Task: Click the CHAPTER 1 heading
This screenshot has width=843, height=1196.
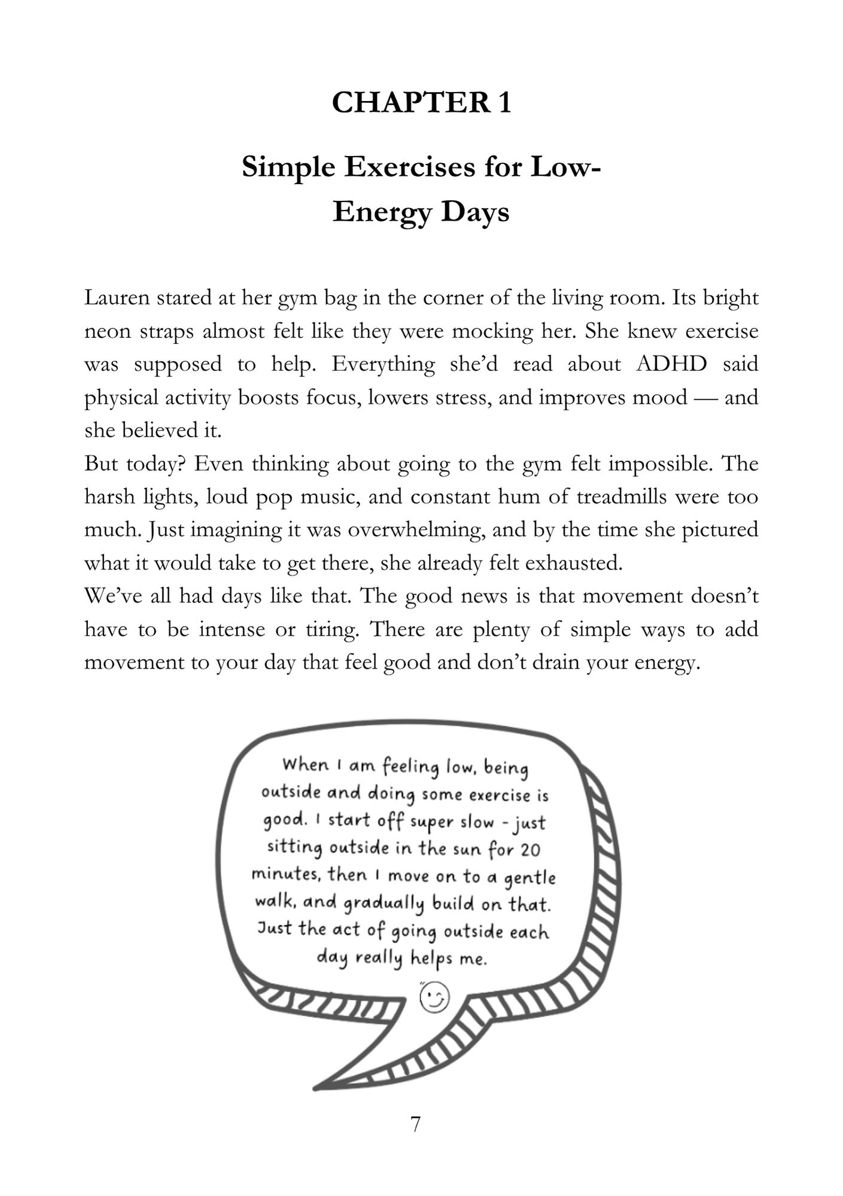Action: (x=421, y=102)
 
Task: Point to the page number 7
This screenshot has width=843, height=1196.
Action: (x=416, y=1125)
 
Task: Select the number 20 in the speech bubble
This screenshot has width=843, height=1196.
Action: (x=529, y=849)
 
